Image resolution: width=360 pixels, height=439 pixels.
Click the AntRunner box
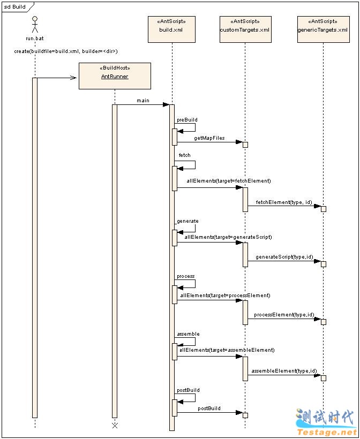pos(115,76)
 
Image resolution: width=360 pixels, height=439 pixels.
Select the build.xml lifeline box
pos(171,29)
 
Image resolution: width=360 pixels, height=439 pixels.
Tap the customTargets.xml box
pos(245,29)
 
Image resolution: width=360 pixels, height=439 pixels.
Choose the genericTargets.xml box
pos(323,29)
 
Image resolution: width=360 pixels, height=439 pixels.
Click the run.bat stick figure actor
pos(35,25)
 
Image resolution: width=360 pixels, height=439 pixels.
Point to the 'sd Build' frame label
pos(15,7)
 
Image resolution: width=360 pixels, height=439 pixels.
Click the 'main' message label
pos(143,101)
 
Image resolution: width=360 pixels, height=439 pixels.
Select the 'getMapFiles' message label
pos(209,138)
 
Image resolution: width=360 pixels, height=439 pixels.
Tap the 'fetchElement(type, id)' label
pos(284,202)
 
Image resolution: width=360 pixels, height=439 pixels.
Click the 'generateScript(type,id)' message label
pos(284,257)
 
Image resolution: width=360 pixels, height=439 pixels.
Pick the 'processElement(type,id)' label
pos(283,315)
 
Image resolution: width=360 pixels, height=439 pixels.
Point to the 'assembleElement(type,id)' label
pos(284,371)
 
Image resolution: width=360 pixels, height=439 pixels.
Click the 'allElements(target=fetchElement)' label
pos(229,181)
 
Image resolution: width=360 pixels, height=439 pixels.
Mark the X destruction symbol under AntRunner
pos(115,426)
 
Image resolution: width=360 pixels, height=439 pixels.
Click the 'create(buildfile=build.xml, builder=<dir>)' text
pos(66,51)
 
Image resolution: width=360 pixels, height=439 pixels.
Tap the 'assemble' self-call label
pos(188,334)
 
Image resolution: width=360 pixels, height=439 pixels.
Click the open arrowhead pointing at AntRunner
pos(73,78)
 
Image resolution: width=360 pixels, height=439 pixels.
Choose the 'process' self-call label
pos(186,276)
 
